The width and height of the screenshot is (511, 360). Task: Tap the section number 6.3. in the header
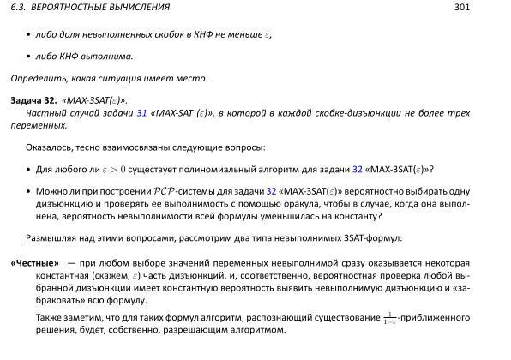(17, 8)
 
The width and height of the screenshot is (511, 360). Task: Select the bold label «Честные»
(34, 262)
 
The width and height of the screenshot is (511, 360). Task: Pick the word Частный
(45, 112)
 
